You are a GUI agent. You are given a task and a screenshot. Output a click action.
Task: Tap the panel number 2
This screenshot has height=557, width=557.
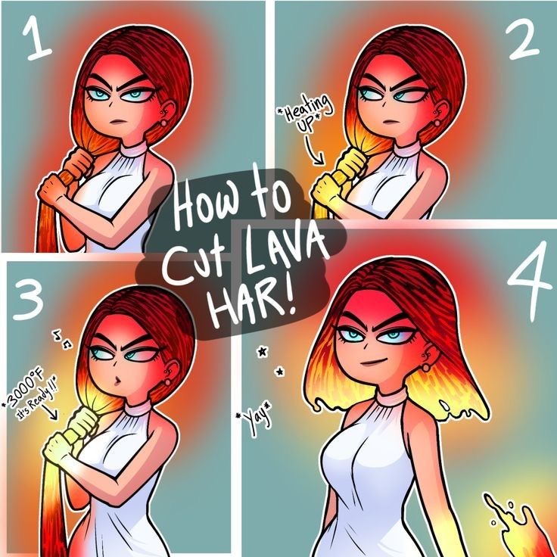tap(522, 40)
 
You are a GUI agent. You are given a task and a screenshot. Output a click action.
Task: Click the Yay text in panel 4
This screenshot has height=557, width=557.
tap(254, 419)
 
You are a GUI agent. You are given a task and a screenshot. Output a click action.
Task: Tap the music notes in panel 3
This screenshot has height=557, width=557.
tap(62, 339)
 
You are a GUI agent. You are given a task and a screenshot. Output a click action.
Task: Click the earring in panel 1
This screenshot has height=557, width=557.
tap(163, 123)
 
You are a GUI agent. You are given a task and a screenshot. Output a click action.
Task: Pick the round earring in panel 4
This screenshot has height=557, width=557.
tap(425, 367)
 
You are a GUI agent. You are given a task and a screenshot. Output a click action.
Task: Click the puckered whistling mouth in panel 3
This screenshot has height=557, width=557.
tap(117, 381)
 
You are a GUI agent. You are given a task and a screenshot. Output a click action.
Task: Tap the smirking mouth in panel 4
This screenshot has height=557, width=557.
tap(374, 362)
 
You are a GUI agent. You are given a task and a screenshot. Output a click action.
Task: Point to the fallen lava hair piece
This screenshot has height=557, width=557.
tap(517, 526)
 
